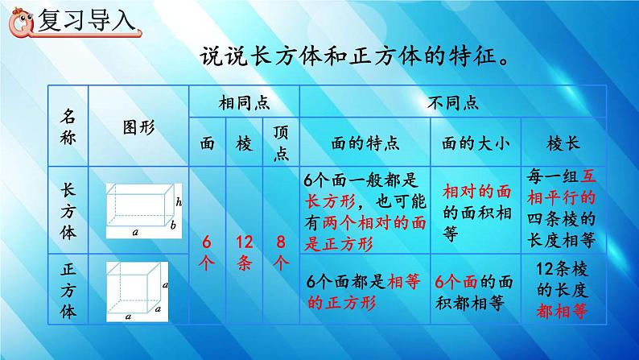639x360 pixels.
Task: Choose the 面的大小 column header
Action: click(476, 143)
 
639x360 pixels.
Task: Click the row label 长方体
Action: click(67, 209)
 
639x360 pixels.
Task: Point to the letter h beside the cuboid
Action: click(178, 201)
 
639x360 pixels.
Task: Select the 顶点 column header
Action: click(281, 143)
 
